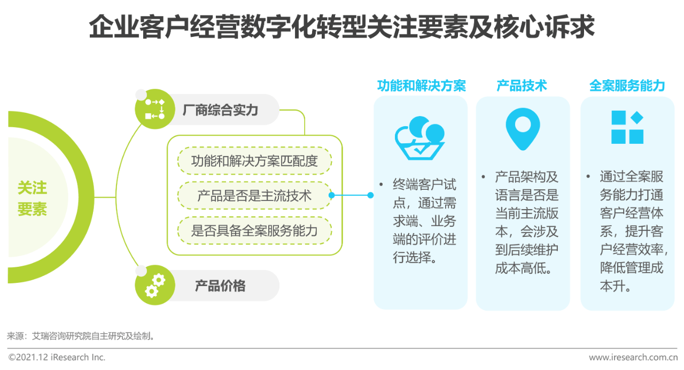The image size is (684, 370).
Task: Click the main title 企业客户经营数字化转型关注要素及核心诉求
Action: point(341,27)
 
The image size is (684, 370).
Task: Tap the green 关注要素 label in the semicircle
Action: point(32,198)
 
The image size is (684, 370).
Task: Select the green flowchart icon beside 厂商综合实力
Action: point(155,109)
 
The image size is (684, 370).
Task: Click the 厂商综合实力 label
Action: point(220,110)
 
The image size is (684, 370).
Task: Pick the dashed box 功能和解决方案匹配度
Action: point(255,161)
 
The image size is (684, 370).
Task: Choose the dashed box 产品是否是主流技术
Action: point(255,196)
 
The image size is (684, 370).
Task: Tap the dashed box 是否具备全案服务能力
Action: point(255,230)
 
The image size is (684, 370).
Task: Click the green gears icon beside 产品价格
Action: point(155,285)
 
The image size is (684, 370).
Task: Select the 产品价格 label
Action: point(220,286)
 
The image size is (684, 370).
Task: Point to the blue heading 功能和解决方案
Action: point(422,86)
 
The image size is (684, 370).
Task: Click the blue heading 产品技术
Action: point(522,86)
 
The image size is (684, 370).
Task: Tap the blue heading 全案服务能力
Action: point(627,86)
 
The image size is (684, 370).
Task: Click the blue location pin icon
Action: point(523,129)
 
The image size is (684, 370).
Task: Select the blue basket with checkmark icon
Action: point(419,138)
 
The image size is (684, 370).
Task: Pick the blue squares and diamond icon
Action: point(627,127)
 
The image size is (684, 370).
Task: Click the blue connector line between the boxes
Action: point(351,195)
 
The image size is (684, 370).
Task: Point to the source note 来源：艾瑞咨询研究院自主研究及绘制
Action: point(81,336)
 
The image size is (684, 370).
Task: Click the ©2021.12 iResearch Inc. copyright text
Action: point(57,357)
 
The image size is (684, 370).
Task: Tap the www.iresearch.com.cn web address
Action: point(633,357)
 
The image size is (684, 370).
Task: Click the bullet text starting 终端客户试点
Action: point(424,221)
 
